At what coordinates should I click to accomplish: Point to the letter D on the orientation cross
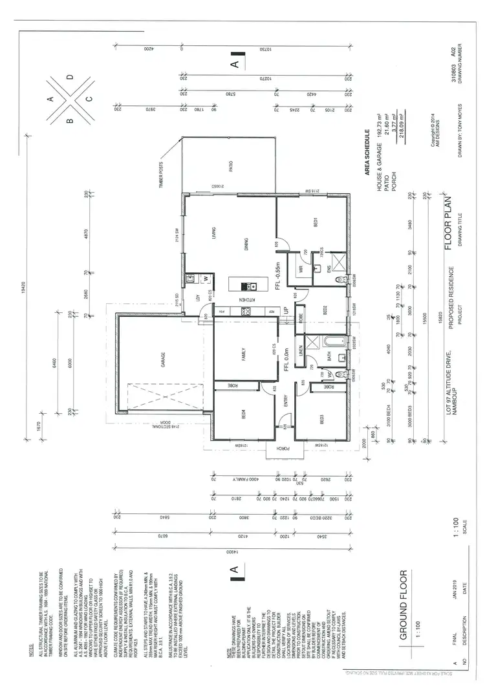point(70,76)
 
